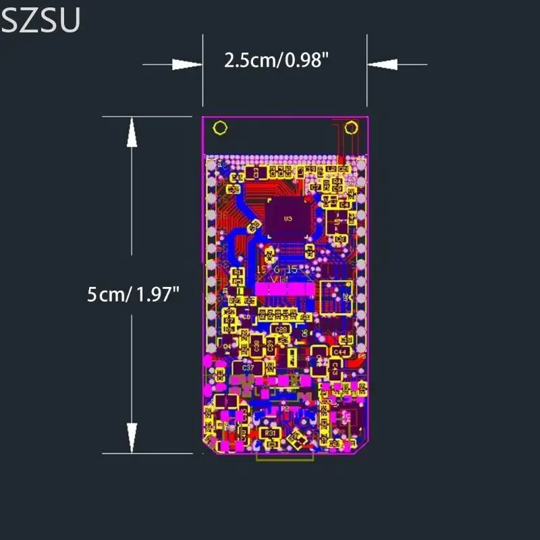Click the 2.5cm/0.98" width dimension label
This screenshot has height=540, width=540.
(x=277, y=61)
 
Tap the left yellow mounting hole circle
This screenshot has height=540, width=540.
(x=219, y=128)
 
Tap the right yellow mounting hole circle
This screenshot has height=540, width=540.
(x=351, y=128)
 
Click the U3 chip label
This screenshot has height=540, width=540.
(x=288, y=218)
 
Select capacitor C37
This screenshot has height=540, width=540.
(x=248, y=369)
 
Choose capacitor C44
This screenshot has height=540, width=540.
(x=341, y=352)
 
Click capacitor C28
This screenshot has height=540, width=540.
(x=282, y=329)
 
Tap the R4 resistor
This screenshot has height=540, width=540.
(x=337, y=182)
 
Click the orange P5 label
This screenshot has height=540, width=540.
(x=361, y=356)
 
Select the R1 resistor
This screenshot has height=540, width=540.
(x=237, y=272)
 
